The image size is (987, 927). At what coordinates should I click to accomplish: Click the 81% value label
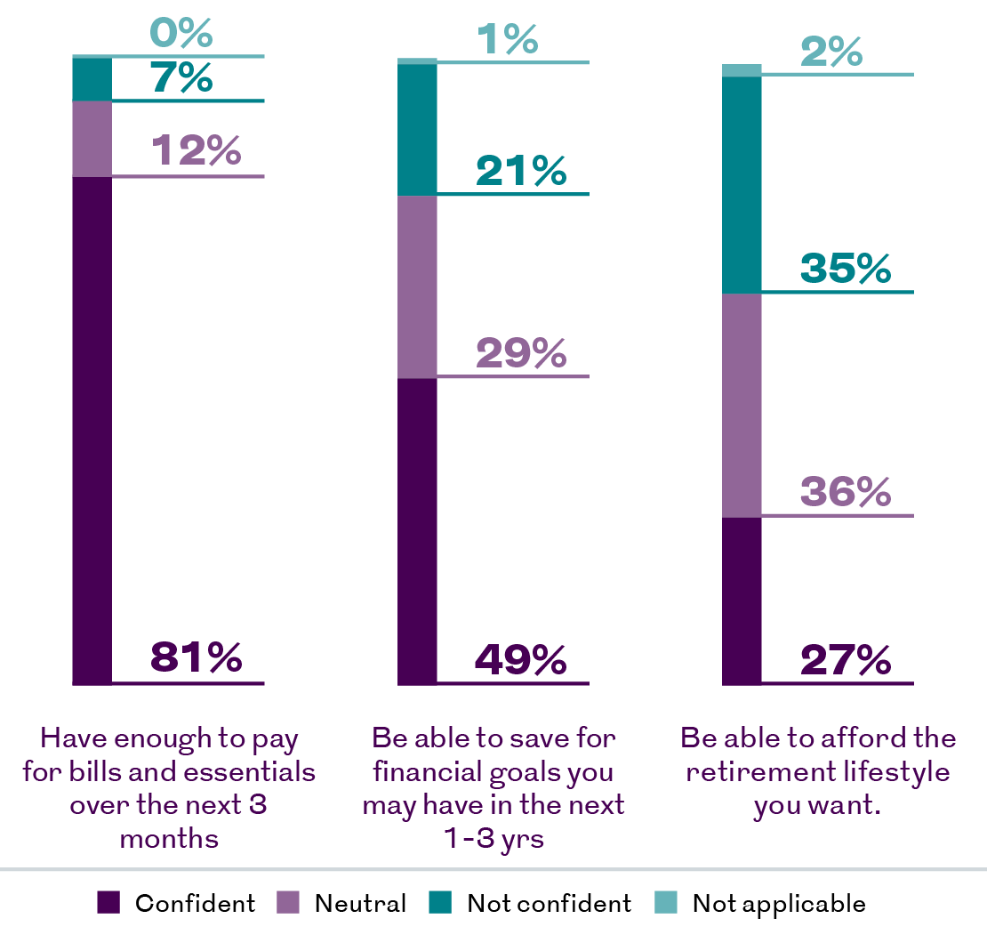[196, 657]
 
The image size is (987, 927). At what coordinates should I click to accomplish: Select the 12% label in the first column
[196, 150]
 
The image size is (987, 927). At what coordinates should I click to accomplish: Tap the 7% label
[181, 77]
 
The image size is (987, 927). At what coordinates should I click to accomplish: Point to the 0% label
[181, 32]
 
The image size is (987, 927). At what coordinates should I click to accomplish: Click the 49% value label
[520, 659]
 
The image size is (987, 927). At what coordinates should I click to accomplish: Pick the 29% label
[521, 352]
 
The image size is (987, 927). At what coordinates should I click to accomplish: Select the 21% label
[521, 171]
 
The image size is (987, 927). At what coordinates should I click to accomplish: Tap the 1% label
[508, 39]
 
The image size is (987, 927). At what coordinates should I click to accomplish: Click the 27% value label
[846, 659]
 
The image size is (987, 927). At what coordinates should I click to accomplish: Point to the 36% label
[846, 491]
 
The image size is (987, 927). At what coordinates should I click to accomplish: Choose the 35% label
[846, 268]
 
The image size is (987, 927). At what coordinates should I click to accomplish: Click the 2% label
[831, 51]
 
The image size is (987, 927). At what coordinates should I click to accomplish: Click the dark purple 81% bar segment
[92, 431]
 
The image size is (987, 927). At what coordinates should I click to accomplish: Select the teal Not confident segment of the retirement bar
[742, 185]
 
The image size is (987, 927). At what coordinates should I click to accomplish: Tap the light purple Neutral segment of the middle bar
[417, 287]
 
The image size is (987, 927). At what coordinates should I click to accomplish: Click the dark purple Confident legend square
[108, 902]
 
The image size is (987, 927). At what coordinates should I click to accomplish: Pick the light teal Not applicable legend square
[666, 902]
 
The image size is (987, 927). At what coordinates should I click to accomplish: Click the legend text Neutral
[361, 903]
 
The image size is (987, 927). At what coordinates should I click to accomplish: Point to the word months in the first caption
[169, 839]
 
